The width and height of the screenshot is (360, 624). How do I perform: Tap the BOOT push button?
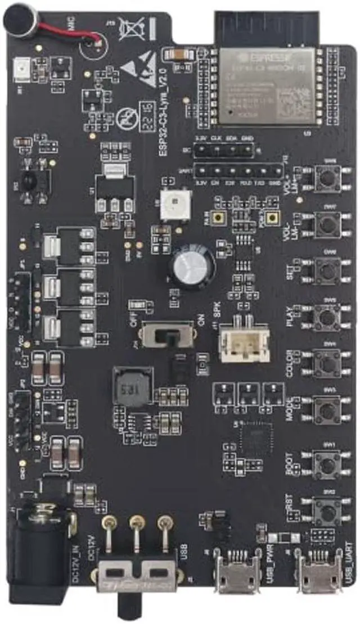(x=327, y=463)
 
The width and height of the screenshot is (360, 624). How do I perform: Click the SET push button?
(x=327, y=272)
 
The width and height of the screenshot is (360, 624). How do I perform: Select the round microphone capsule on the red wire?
(x=19, y=21)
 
